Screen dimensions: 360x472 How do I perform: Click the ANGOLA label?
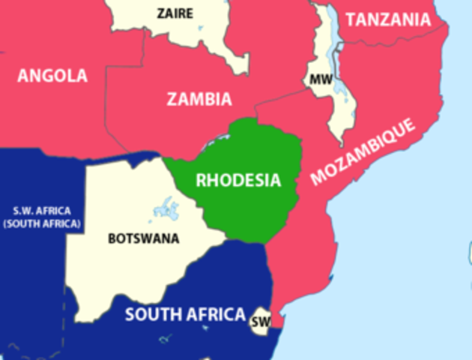[52, 76]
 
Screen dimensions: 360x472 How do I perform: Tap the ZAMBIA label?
[199, 99]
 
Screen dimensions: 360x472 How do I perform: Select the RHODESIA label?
[238, 180]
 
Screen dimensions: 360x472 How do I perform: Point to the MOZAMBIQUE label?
[363, 151]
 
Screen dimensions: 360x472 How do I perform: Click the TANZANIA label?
[388, 20]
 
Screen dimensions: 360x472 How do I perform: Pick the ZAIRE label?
[175, 13]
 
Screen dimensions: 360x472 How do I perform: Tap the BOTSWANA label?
[144, 239]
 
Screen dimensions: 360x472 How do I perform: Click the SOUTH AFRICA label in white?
[185, 314]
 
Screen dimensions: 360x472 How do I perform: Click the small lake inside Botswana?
[166, 210]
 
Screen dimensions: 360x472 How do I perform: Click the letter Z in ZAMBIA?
[172, 99]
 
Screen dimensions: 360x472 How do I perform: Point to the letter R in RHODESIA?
[200, 180]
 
